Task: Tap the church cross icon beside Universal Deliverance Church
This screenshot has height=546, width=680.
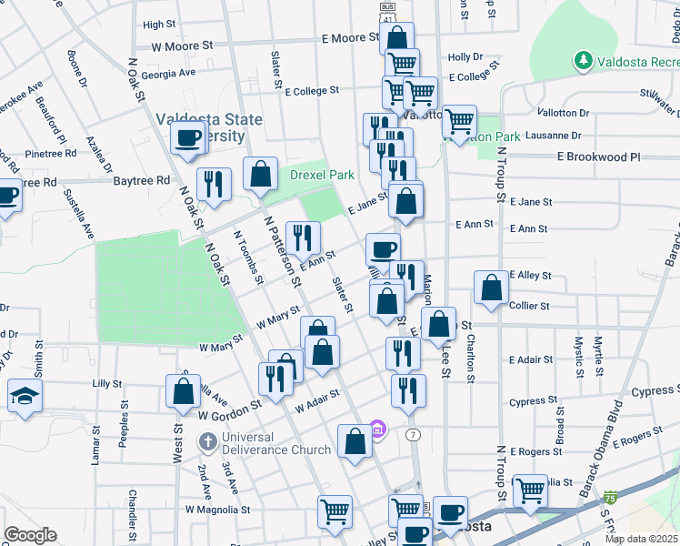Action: coord(207,442)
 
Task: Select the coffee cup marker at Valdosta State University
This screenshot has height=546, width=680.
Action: coord(188,139)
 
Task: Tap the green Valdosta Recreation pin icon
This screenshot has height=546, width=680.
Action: coord(582,61)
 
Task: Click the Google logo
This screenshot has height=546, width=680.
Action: coord(30,535)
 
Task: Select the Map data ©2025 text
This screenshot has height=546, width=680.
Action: coord(641,539)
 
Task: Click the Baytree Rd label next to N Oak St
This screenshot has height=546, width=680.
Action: coord(142,180)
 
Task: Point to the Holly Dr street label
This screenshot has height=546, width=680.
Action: coord(465,56)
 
